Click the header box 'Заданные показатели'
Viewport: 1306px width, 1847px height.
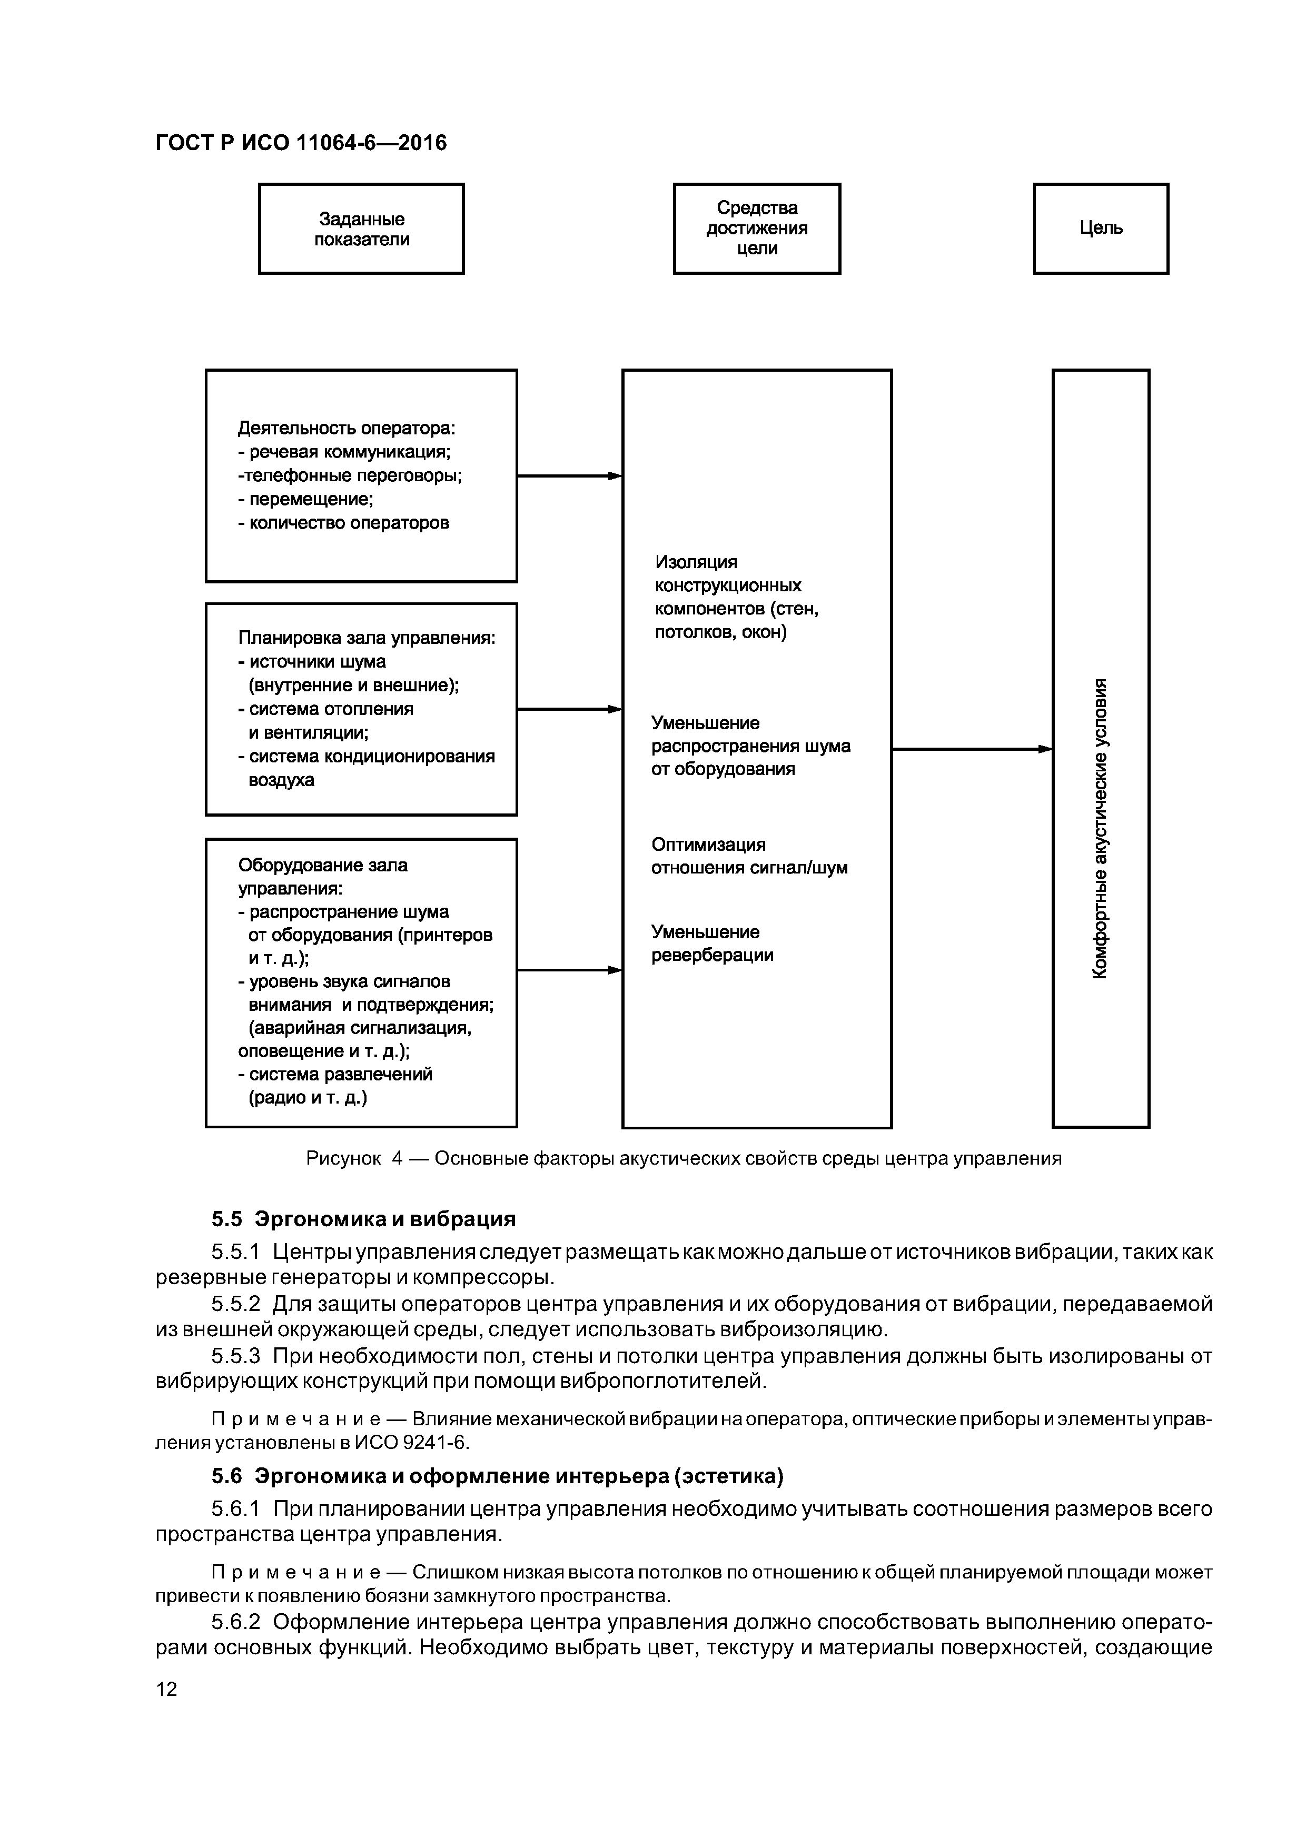pyautogui.click(x=361, y=229)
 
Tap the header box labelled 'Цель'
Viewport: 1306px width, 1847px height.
pyautogui.click(x=1100, y=229)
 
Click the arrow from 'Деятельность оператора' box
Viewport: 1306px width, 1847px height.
pyautogui.click(x=569, y=476)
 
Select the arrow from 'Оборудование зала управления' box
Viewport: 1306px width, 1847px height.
pyautogui.click(x=569, y=970)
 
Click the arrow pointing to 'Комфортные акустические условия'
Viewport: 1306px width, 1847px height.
pyautogui.click(x=971, y=749)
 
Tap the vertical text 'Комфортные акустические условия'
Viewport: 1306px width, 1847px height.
pyautogui.click(x=1100, y=829)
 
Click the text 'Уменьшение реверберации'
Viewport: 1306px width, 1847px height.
pyautogui.click(x=712, y=944)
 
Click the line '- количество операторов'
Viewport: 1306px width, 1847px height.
pyautogui.click(x=343, y=523)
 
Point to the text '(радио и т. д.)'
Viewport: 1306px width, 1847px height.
pyautogui.click(x=308, y=1097)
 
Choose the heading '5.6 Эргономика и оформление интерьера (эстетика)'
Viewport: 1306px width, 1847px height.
pyautogui.click(x=497, y=1476)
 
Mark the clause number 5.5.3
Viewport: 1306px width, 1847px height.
pyautogui.click(x=236, y=1356)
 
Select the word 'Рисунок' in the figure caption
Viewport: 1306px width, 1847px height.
pyautogui.click(x=343, y=1158)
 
